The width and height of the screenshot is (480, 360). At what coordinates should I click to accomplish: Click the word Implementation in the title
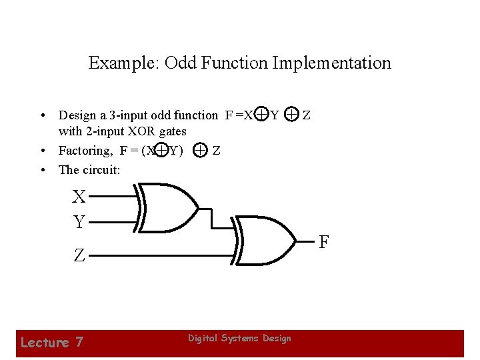[333, 63]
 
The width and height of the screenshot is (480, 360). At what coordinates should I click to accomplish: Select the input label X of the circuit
[79, 197]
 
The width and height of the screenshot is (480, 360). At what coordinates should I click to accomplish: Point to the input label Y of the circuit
[79, 221]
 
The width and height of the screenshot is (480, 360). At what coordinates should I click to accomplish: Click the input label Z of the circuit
[79, 255]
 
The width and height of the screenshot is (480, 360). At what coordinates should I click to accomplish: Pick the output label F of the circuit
[323, 241]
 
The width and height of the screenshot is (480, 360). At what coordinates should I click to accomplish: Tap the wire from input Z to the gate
[160, 255]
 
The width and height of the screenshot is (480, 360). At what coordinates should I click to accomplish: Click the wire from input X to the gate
[113, 197]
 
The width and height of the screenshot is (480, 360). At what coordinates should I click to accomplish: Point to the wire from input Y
[113, 221]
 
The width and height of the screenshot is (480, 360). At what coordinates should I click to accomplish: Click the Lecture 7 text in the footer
[52, 343]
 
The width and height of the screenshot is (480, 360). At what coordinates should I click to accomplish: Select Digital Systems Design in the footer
[239, 339]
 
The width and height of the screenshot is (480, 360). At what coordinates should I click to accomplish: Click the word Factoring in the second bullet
[87, 151]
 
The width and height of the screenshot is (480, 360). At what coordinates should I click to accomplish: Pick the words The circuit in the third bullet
[89, 169]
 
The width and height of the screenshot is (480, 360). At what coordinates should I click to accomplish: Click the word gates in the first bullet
[170, 131]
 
